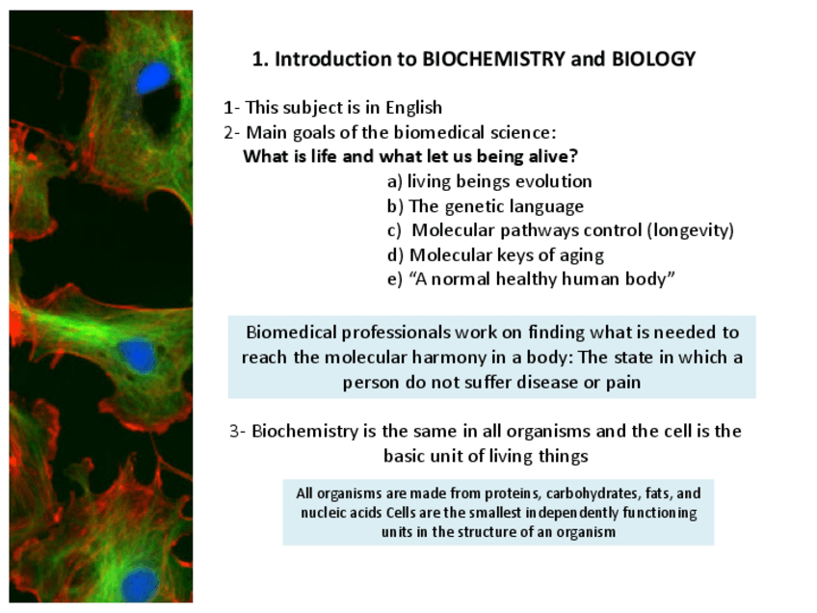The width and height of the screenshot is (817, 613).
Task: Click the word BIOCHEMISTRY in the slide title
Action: click(494, 60)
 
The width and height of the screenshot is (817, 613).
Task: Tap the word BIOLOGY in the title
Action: click(653, 60)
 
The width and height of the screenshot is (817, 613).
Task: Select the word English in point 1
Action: click(412, 108)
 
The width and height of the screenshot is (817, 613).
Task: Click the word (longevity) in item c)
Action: click(691, 231)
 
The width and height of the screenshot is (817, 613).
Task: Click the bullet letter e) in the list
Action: click(394, 280)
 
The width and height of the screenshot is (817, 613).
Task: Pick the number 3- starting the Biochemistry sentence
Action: click(238, 431)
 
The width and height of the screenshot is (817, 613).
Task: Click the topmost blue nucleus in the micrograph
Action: click(152, 78)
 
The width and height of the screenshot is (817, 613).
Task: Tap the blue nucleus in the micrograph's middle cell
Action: click(138, 357)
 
